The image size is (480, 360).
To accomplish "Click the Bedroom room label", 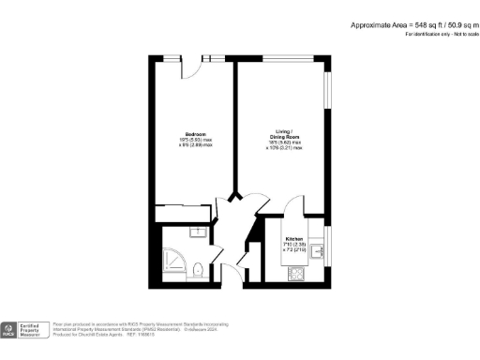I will pos(195,135).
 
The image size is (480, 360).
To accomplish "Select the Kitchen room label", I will pos(293,239).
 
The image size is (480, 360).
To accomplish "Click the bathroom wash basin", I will pos(199,232).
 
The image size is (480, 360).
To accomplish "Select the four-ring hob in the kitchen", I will pos(296,274).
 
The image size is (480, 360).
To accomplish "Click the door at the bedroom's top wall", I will pos(191,65).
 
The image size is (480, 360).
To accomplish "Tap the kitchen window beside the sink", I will pos(328,249).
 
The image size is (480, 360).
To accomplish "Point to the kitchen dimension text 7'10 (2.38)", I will pos(293,246).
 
